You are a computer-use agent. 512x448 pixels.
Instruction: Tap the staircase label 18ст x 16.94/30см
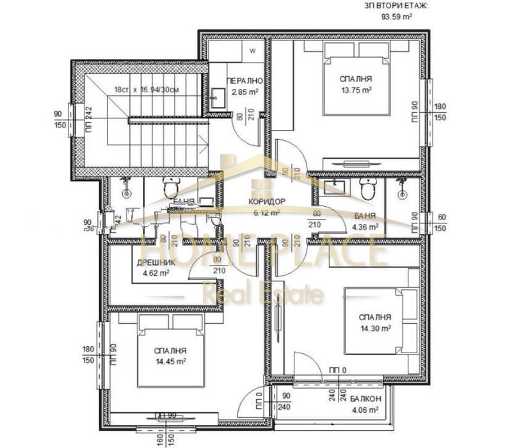pyautogui.click(x=148, y=90)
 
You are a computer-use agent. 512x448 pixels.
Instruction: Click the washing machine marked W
pyautogui.click(x=252, y=50)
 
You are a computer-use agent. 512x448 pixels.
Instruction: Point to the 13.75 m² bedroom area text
pyautogui.click(x=356, y=90)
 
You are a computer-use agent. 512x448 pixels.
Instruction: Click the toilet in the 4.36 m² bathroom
pyautogui.click(x=367, y=189)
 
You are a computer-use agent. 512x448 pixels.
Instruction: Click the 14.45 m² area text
pyautogui.click(x=170, y=361)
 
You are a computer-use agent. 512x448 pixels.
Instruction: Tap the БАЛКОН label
pyautogui.click(x=366, y=399)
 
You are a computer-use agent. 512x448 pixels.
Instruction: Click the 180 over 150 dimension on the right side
pyautogui.click(x=440, y=111)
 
